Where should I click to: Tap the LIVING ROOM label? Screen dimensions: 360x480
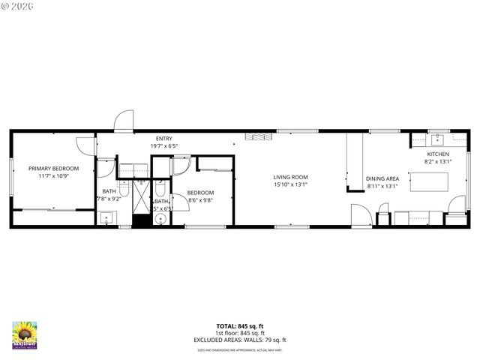(x=290, y=177)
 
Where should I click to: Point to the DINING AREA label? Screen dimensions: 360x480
(x=382, y=178)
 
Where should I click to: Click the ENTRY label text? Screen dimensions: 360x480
(x=163, y=139)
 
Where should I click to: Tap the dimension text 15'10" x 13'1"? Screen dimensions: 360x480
(x=290, y=185)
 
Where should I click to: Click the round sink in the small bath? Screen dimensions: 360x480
(x=160, y=220)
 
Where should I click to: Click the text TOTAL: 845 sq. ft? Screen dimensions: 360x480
(x=240, y=326)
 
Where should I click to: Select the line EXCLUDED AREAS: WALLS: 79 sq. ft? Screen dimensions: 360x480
(x=240, y=340)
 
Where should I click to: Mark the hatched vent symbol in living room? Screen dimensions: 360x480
(x=255, y=137)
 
